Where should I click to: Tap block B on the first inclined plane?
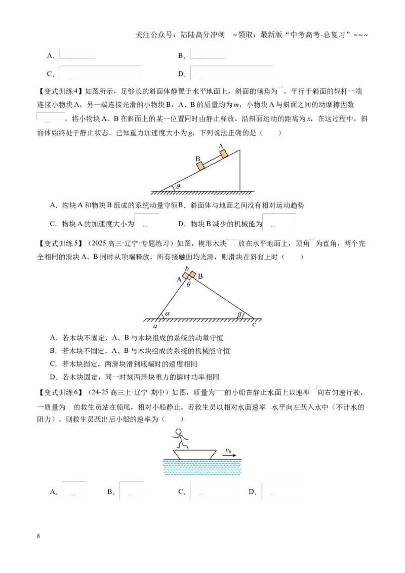pos(200,166)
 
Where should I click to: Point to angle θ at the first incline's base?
pos(178,186)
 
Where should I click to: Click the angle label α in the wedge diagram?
pos(168,313)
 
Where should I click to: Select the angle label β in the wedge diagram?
pos(239,314)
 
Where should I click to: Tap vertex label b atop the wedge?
pos(187,269)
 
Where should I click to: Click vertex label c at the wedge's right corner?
pos(254,324)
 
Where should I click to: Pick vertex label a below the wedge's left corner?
pos(155,326)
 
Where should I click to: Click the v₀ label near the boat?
pos(228,451)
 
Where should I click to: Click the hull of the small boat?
pos(194,454)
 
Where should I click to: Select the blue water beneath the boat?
pos(202,467)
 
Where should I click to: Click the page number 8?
pos(38,536)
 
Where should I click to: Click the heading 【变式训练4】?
pos(60,91)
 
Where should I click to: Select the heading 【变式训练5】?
pos(60,243)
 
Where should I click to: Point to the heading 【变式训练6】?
pos(60,392)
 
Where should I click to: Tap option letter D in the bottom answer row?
pos(252,492)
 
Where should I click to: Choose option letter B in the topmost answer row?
pos(181,56)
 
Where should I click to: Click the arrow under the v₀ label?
pos(229,456)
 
